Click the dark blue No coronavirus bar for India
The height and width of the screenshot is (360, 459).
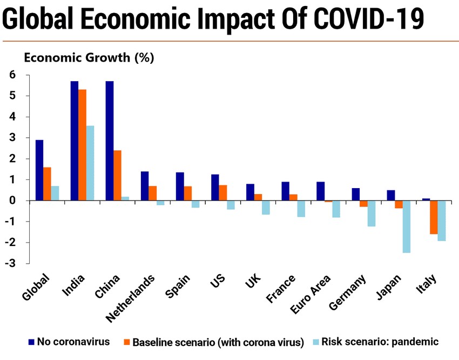coord(75,141)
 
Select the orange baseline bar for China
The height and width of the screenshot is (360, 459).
coord(117,175)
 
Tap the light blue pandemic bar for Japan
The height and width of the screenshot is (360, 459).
coord(406,226)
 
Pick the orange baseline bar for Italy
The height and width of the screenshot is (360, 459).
coord(433,217)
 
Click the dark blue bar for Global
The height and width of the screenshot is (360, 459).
coord(39,170)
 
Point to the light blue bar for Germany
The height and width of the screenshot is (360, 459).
coord(372,214)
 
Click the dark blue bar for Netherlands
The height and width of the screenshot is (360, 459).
coord(145,186)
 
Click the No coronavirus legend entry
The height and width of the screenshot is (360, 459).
coord(70,342)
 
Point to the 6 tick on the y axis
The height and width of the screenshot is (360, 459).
coord(12,75)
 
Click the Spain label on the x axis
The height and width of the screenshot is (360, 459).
coord(179,286)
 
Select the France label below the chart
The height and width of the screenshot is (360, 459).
coord(281,289)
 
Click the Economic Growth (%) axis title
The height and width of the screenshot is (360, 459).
coord(89,57)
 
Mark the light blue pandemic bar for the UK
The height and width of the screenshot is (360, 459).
coord(266,208)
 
